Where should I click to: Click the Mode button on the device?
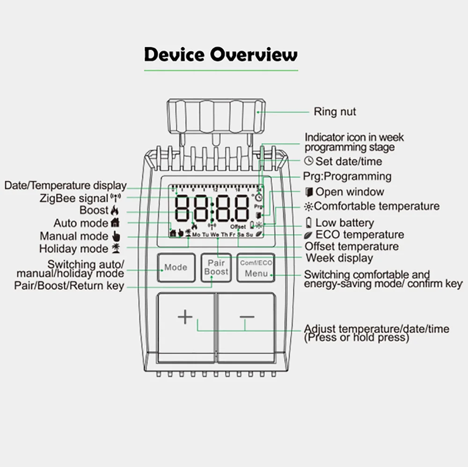click(x=175, y=268)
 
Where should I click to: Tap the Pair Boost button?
click(x=216, y=268)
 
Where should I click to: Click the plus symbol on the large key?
click(x=185, y=317)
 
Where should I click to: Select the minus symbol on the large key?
click(x=247, y=317)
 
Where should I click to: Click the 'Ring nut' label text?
click(x=335, y=112)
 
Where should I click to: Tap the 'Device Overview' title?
click(x=220, y=55)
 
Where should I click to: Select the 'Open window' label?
click(x=349, y=192)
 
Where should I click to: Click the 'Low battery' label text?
click(x=344, y=223)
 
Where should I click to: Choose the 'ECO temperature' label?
click(x=359, y=235)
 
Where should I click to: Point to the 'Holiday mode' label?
click(x=73, y=248)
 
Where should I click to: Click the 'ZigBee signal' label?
click(x=80, y=198)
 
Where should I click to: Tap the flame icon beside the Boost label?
click(x=115, y=210)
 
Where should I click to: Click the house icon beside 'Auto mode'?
click(x=115, y=223)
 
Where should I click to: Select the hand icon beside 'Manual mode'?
click(x=117, y=236)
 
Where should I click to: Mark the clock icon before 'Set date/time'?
click(x=308, y=161)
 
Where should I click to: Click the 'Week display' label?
click(x=339, y=258)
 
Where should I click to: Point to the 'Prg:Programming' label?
click(x=347, y=176)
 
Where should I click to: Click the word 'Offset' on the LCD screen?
click(x=238, y=226)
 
